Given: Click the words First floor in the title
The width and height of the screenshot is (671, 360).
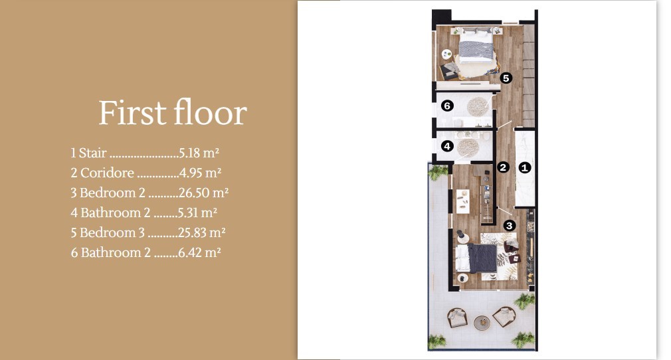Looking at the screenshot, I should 173,113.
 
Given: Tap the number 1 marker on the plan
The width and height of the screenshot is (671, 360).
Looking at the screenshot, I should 524,167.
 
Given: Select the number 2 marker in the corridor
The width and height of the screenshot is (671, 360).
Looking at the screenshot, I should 504,167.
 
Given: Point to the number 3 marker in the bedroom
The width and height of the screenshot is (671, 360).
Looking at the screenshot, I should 509,225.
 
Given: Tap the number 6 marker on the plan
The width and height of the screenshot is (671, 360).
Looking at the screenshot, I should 447,106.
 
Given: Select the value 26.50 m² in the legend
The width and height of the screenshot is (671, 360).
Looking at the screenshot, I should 204,193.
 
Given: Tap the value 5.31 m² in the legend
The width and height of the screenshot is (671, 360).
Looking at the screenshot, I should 199,213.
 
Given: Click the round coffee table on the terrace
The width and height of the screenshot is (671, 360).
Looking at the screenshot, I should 482,322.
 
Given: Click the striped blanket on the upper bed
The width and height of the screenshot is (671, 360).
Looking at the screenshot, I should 476,50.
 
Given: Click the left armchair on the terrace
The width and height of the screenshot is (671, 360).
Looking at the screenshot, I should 458,317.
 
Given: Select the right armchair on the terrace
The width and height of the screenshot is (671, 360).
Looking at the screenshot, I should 505,316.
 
